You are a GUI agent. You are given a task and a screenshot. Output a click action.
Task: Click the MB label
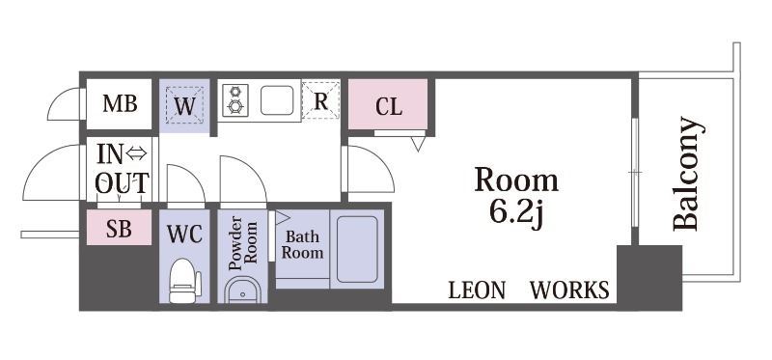pyautogui.click(x=120, y=103)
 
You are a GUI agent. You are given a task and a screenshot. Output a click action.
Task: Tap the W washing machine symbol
pyautogui.click(x=184, y=105)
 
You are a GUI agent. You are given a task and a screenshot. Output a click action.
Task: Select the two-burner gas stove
pyautogui.click(x=235, y=100)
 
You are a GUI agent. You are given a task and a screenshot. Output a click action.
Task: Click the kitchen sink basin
pyautogui.click(x=277, y=100)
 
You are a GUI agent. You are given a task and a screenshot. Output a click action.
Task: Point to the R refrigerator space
pyautogui.click(x=320, y=100)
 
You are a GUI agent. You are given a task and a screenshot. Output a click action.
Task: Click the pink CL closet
pyautogui.click(x=388, y=104)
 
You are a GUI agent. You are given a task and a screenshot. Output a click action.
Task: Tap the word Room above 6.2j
pyautogui.click(x=516, y=180)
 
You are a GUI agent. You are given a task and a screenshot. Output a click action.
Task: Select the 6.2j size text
pyautogui.click(x=516, y=212)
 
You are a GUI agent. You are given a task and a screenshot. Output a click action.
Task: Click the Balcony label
pyautogui.click(x=686, y=174)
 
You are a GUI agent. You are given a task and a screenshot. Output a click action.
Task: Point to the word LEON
pyautogui.click(x=477, y=291)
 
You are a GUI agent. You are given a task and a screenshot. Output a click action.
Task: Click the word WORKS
pyautogui.click(x=569, y=291)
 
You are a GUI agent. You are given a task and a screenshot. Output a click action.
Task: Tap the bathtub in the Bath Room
pyautogui.click(x=357, y=249)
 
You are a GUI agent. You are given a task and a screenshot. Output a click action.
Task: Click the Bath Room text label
pyautogui.click(x=302, y=245)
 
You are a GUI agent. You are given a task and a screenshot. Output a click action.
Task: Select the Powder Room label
pyautogui.click(x=244, y=243)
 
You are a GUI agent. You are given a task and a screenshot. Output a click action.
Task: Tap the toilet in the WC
pyautogui.click(x=185, y=281)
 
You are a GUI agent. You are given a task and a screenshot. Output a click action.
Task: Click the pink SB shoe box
pyautogui.click(x=119, y=227)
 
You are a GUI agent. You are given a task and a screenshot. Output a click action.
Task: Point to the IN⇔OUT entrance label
pyautogui.click(x=122, y=168)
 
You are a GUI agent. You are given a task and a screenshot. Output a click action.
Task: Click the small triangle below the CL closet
pyautogui.click(x=418, y=143)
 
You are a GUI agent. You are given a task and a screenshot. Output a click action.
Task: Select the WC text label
pyautogui.click(x=184, y=235)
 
